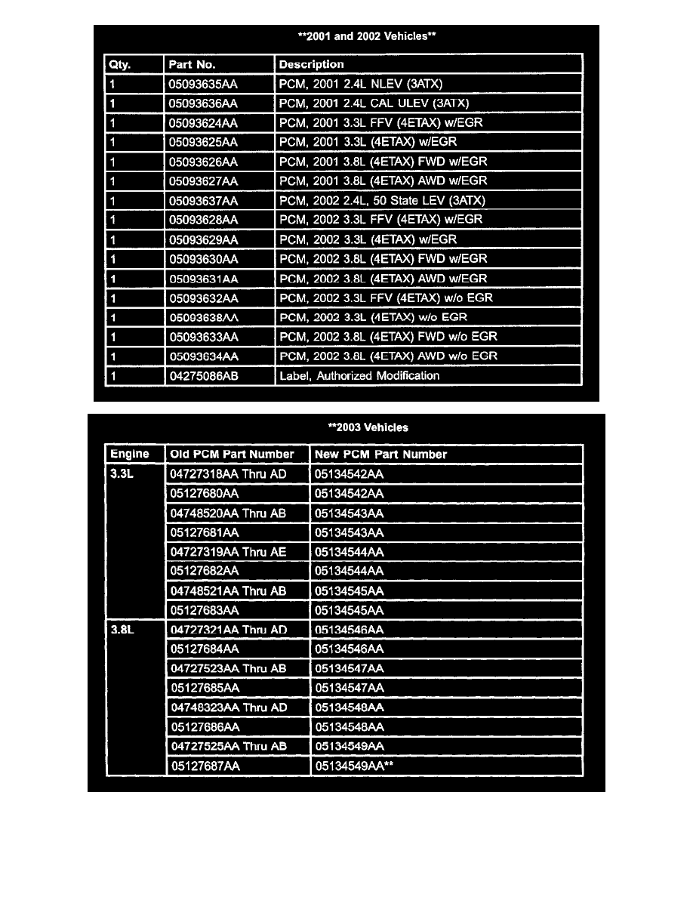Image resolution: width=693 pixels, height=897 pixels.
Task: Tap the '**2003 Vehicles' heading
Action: click(x=368, y=427)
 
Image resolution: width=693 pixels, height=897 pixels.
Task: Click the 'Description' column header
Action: click(x=311, y=65)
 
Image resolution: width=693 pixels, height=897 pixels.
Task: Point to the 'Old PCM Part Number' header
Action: click(x=232, y=455)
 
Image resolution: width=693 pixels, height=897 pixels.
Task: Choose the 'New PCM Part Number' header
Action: click(x=380, y=455)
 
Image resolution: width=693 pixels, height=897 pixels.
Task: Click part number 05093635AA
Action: click(x=203, y=84)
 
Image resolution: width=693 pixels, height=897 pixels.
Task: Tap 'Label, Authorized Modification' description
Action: click(x=359, y=375)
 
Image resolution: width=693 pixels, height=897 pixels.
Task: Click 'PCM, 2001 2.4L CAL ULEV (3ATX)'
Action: click(x=374, y=103)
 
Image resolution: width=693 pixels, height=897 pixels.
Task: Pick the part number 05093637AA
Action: click(x=203, y=200)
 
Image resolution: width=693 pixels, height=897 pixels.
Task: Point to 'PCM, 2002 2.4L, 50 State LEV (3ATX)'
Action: click(x=382, y=200)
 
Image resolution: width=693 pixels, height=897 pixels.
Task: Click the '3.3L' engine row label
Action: click(x=122, y=474)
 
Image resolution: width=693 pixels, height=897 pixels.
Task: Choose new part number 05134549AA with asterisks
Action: click(x=354, y=766)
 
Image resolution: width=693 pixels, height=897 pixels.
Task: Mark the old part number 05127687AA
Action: click(x=205, y=766)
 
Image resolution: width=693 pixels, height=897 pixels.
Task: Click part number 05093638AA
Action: click(x=203, y=317)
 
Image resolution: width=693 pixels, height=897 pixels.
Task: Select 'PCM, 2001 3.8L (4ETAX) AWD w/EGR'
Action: click(x=383, y=181)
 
